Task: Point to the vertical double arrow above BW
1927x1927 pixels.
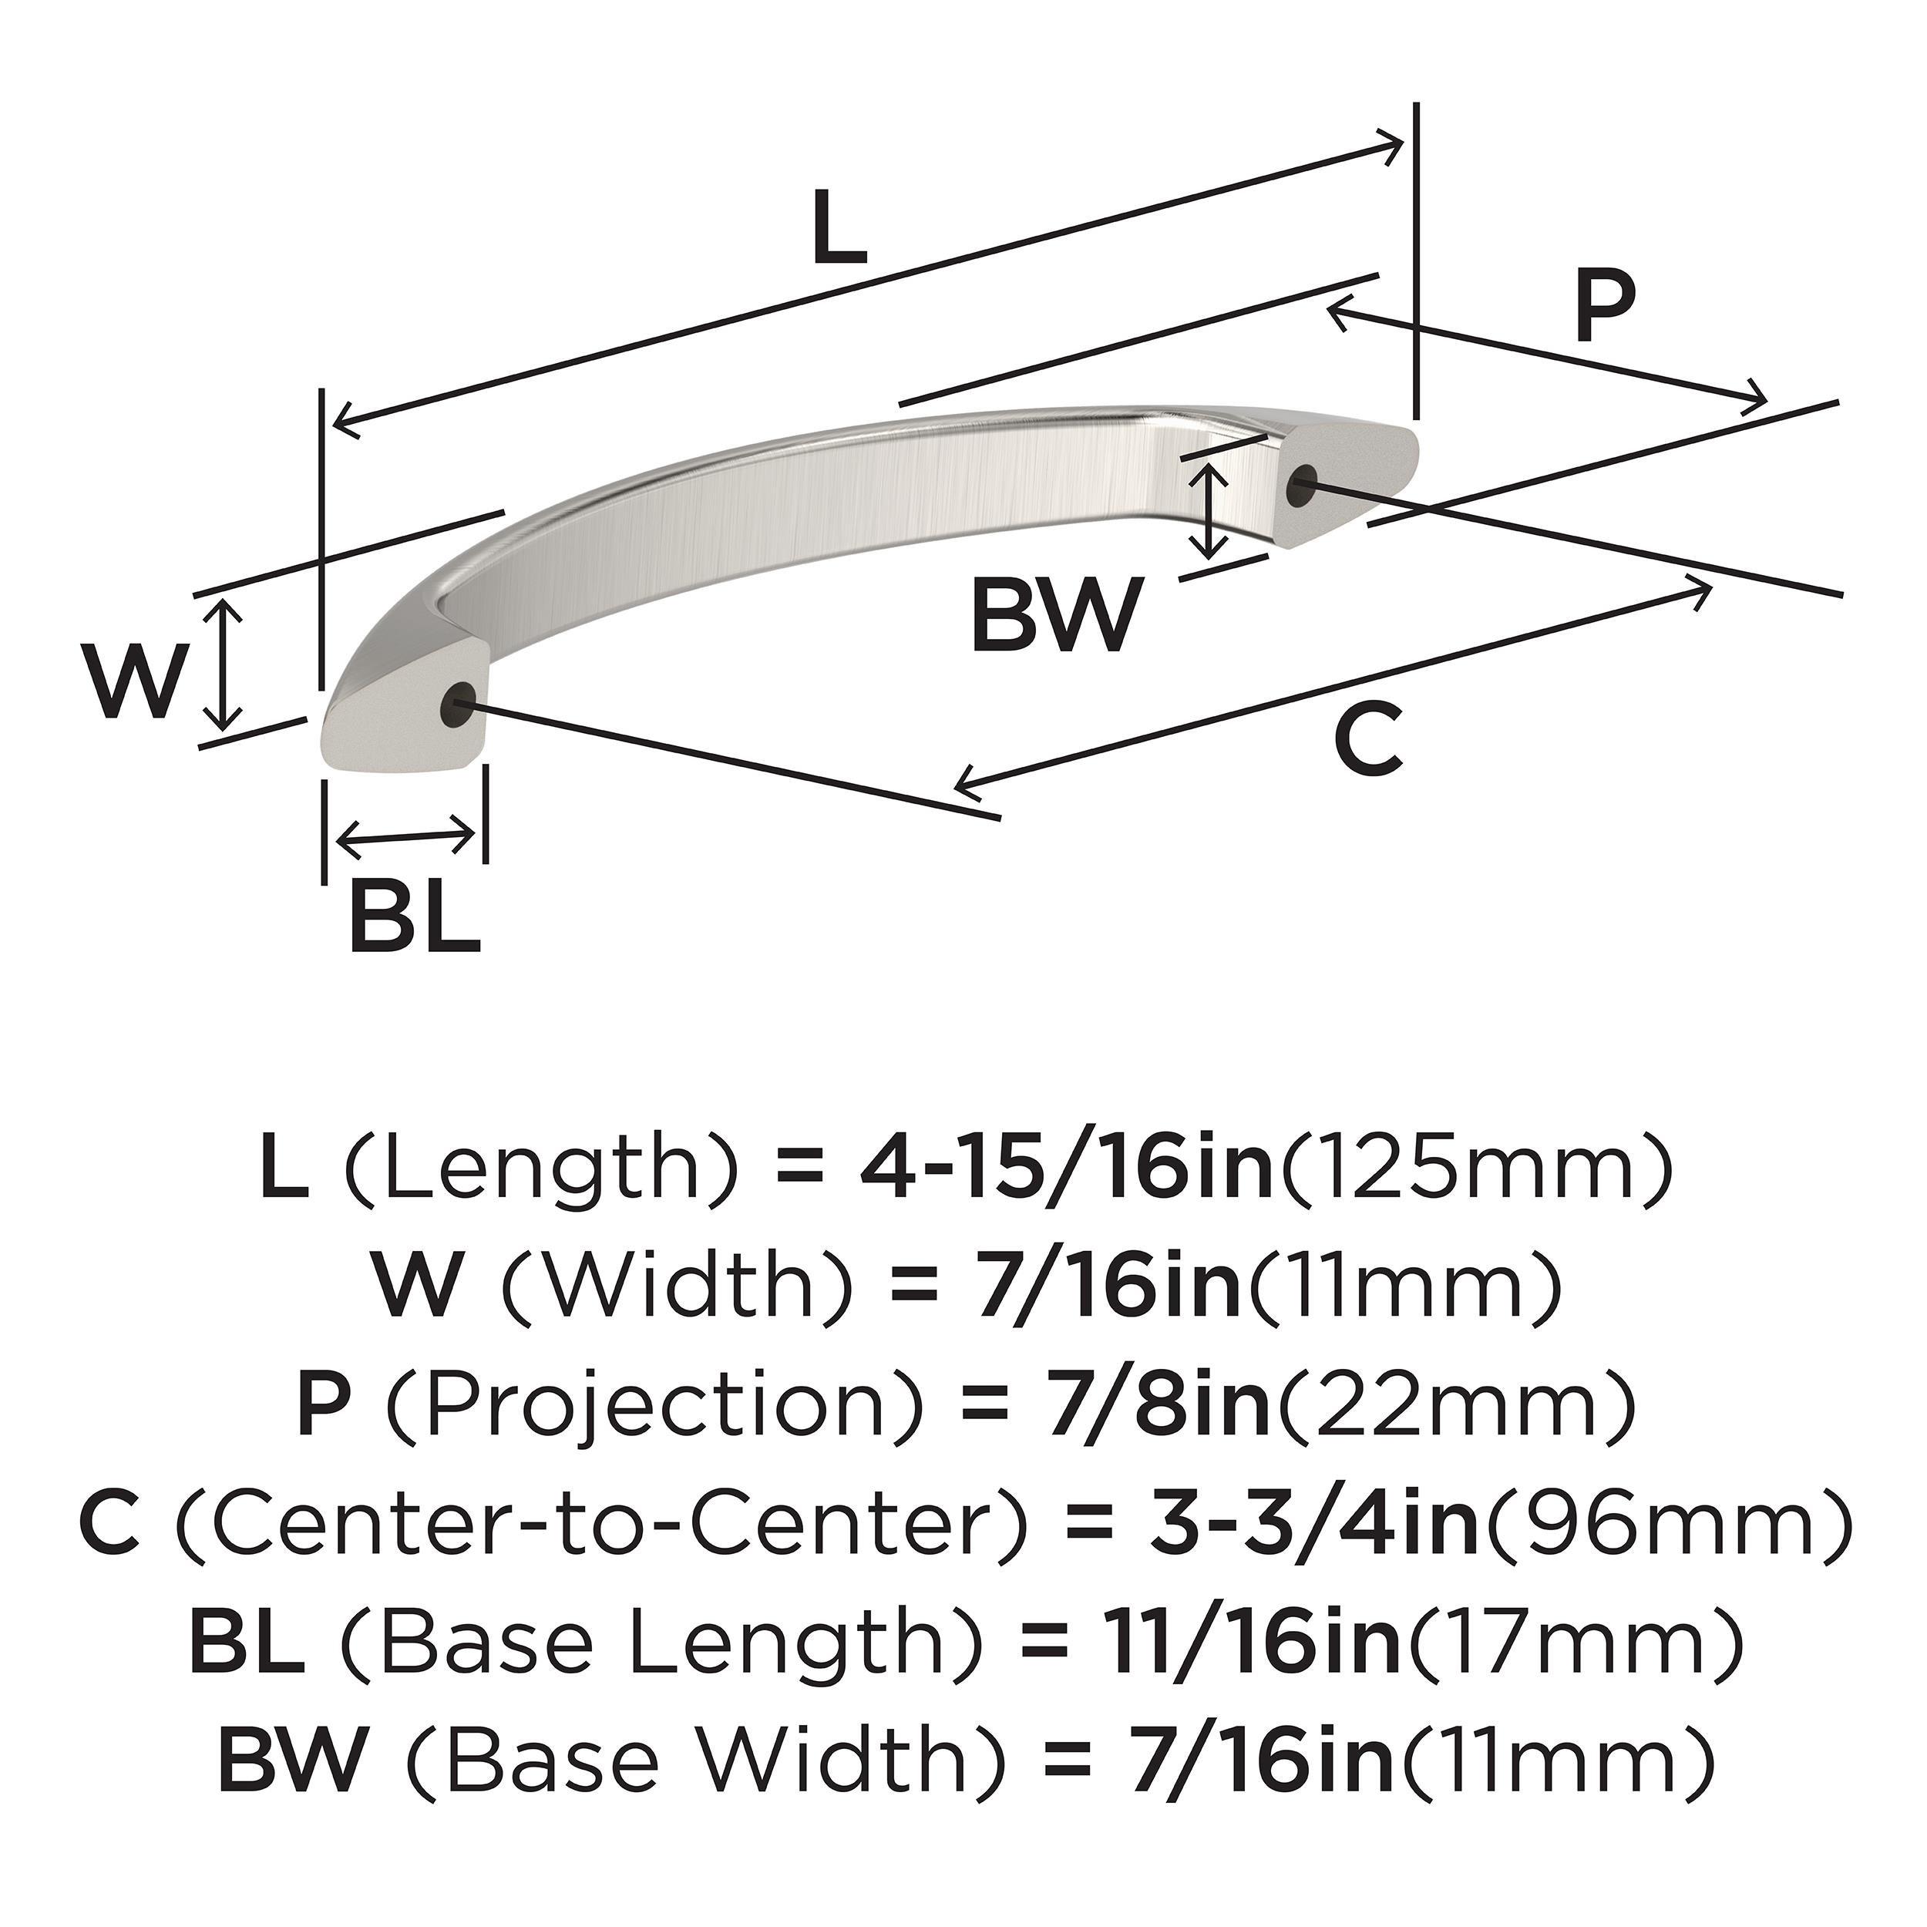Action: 1210,513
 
